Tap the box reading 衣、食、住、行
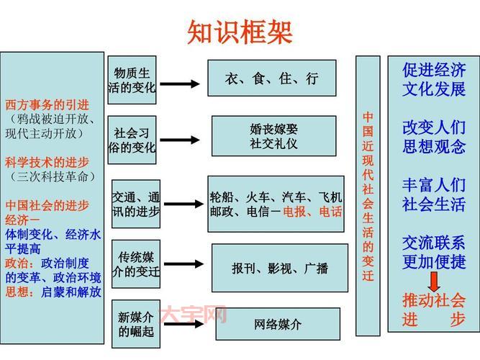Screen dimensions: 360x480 271,78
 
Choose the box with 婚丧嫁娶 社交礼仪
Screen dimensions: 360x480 273,136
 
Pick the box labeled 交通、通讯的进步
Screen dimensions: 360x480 135,204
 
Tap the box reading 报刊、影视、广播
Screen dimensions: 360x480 279,268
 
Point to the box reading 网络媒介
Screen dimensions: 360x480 278,325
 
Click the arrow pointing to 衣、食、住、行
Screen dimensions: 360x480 179,84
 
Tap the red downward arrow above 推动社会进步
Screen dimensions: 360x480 434,279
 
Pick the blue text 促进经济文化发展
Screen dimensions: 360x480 433,80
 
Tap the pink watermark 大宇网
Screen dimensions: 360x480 194,315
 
